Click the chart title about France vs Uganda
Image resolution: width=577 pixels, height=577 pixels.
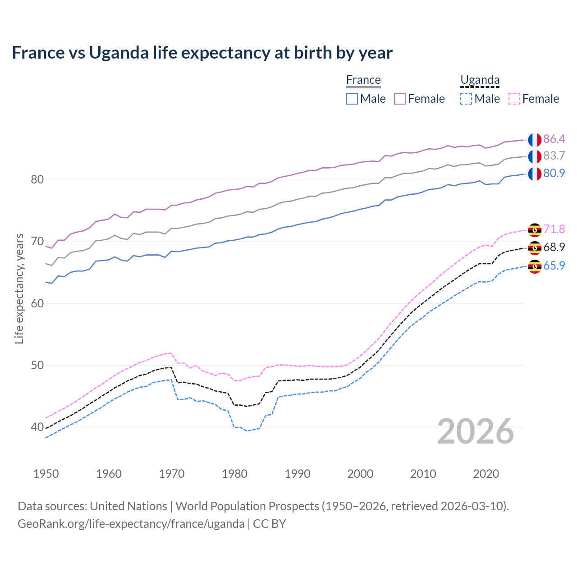tap(202, 53)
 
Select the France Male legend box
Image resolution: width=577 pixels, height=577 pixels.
tap(352, 99)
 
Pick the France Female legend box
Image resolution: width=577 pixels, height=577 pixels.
tap(400, 99)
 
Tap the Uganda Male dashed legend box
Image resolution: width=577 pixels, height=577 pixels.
tap(466, 99)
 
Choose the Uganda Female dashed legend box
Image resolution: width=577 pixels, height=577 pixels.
tap(514, 99)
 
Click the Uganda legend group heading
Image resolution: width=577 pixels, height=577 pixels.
tap(480, 80)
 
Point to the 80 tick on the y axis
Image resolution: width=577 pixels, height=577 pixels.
tap(37, 180)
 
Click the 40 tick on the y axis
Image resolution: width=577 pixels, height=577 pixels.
tap(37, 427)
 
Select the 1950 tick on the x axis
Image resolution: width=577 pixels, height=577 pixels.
tap(46, 474)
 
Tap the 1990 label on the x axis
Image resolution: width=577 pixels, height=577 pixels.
tap(298, 474)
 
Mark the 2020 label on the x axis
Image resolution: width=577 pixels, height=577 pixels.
tap(486, 474)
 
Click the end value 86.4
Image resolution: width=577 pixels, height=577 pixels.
tap(554, 139)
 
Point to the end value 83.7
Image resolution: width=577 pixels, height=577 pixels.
tap(554, 156)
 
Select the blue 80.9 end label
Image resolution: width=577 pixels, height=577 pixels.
tap(554, 174)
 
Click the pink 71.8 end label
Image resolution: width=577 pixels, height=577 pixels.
tap(554, 229)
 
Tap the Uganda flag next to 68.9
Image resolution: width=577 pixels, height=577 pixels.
tap(535, 247)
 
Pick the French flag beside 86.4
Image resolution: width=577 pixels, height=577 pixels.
tap(535, 140)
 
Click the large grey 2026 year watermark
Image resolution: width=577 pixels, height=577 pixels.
tap(476, 431)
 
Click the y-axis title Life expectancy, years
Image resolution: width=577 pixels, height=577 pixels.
tap(19, 288)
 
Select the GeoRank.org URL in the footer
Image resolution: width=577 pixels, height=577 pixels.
tap(131, 524)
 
